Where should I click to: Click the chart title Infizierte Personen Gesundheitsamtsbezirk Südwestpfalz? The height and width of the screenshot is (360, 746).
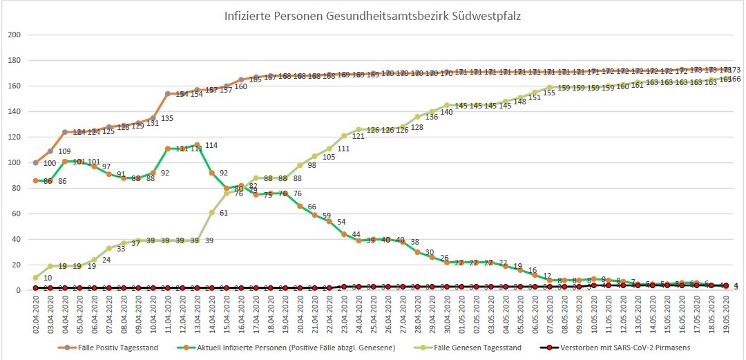coord(372,15)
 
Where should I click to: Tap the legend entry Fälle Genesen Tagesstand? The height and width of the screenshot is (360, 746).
coord(487,347)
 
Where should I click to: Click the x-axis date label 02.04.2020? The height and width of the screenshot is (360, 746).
coord(36,315)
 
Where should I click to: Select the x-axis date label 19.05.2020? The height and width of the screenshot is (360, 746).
coord(726,315)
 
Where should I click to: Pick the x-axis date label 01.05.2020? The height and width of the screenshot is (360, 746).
coord(462,315)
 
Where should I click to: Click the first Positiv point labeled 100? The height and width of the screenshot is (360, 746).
coord(36,162)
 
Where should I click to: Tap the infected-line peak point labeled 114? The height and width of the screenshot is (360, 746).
coord(198,144)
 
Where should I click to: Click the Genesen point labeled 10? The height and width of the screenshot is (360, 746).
coord(36,278)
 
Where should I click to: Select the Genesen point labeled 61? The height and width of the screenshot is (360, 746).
coord(212,212)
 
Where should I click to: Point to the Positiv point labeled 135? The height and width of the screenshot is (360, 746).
coord(153,117)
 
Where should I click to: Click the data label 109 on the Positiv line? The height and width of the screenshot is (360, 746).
coord(64,151)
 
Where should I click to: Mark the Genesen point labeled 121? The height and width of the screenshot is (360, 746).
coord(345,135)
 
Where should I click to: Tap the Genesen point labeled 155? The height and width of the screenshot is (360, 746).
coord(535,92)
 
